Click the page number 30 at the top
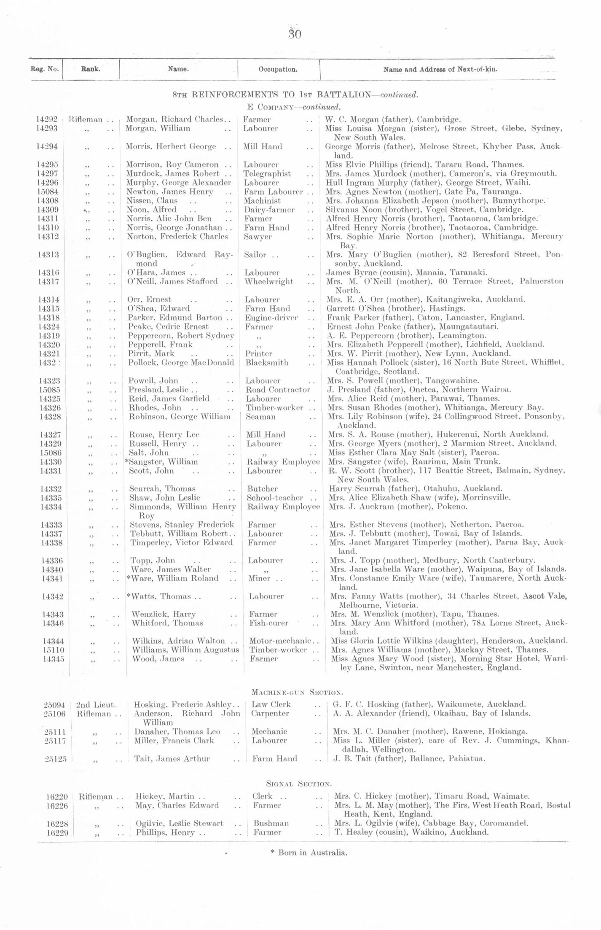[295, 34]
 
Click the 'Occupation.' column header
[278, 70]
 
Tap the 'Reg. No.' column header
[45, 69]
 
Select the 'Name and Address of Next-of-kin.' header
[440, 70]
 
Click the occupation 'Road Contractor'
[278, 390]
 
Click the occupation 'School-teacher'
[275, 498]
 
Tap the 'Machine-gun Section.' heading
[297, 692]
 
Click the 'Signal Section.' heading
[299, 784]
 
